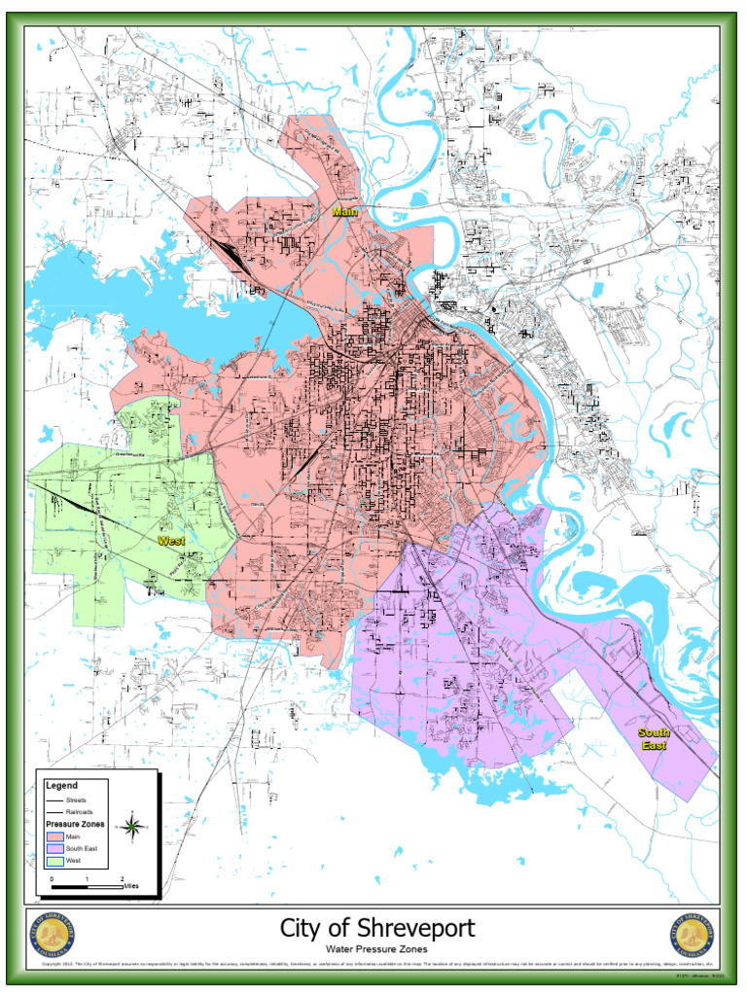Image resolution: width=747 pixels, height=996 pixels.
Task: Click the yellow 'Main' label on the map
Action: tap(345, 211)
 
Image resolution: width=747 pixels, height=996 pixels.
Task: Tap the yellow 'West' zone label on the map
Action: tap(171, 540)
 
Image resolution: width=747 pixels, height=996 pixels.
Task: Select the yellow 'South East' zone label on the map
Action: tap(653, 738)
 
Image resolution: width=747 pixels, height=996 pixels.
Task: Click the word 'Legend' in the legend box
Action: tap(61, 784)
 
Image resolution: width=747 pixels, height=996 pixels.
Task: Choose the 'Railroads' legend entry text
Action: tap(80, 811)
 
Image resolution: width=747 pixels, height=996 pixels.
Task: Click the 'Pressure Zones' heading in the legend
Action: tap(76, 824)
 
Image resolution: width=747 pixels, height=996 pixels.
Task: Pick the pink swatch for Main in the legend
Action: tap(54, 836)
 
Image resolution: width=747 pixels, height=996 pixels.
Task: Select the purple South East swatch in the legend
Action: tap(54, 848)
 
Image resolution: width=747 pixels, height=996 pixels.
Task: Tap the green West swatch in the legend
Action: tap(54, 861)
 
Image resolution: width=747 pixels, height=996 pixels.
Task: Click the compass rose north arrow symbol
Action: tap(132, 828)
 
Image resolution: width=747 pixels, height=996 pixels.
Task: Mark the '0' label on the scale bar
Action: tap(52, 878)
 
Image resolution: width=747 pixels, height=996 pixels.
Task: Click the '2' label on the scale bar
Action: tap(122, 878)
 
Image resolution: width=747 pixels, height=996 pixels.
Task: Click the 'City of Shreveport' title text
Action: tap(377, 928)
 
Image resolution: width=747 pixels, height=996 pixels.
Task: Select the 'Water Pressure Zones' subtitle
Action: tap(377, 948)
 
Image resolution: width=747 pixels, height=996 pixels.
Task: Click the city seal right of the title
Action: tap(693, 937)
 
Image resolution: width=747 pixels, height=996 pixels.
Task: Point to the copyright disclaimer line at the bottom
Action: tap(370, 966)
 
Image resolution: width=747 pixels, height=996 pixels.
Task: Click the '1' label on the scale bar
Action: tap(87, 878)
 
